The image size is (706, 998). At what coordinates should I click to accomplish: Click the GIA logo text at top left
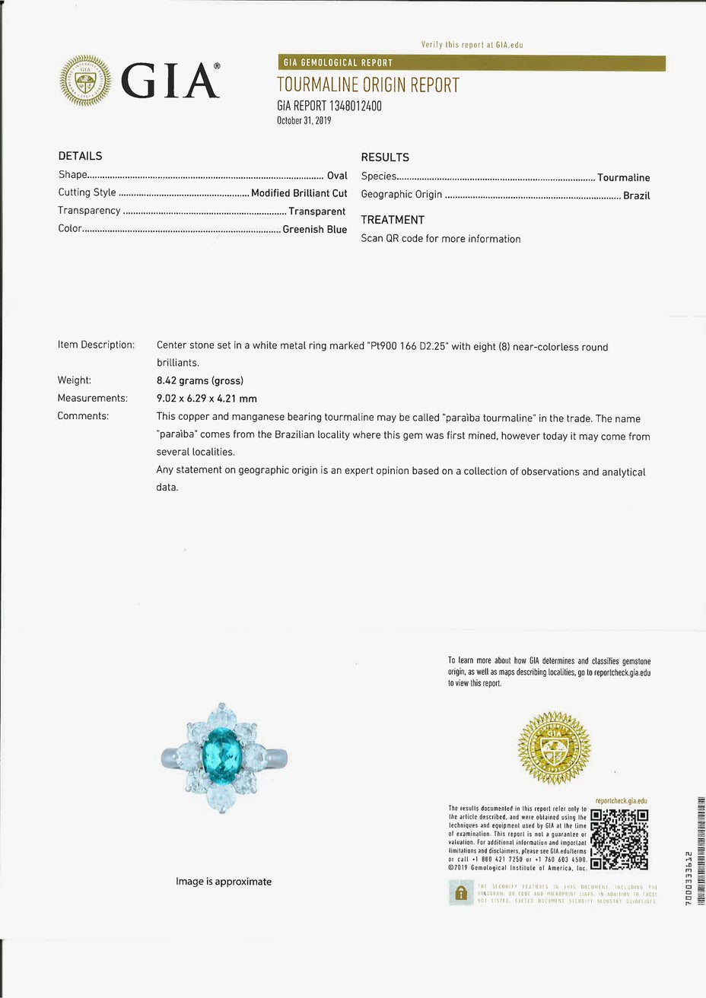pyautogui.click(x=170, y=81)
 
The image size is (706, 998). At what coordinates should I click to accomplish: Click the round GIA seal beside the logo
pyautogui.click(x=85, y=81)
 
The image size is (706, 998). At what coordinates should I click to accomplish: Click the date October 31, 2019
pyautogui.click(x=304, y=120)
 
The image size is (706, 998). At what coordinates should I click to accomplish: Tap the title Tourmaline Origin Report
pyautogui.click(x=368, y=85)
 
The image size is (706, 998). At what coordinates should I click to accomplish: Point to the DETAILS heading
pyautogui.click(x=80, y=156)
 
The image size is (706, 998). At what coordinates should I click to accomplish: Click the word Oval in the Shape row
pyautogui.click(x=337, y=175)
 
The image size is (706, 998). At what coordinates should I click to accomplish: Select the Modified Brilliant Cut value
pyautogui.click(x=299, y=193)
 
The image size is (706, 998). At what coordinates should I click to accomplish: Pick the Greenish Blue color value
pyautogui.click(x=314, y=229)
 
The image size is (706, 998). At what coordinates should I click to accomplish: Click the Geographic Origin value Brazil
pyautogui.click(x=636, y=195)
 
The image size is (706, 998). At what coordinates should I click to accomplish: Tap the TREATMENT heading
pyautogui.click(x=393, y=220)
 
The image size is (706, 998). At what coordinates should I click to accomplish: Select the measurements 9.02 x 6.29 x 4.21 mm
pyautogui.click(x=206, y=399)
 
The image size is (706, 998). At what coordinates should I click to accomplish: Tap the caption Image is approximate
pyautogui.click(x=224, y=882)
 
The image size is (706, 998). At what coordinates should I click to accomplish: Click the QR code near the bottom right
pyautogui.click(x=620, y=840)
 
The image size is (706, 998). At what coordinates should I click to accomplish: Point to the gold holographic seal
pyautogui.click(x=553, y=747)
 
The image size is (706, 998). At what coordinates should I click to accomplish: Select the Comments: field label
pyautogui.click(x=83, y=416)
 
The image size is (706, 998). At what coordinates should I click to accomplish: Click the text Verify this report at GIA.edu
pyautogui.click(x=472, y=45)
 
